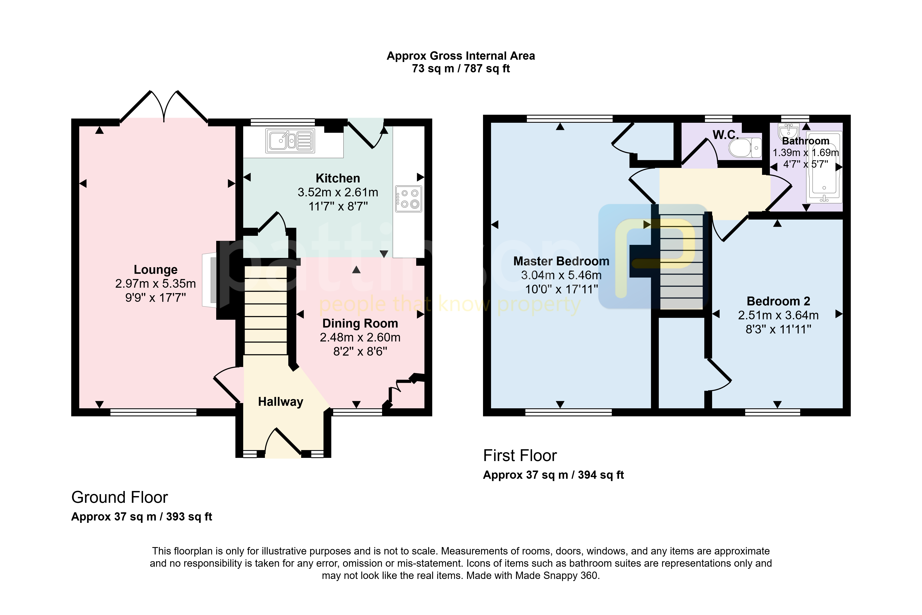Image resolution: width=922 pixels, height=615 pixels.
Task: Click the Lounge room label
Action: pos(156,270)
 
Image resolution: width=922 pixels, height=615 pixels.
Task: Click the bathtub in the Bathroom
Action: pos(824,167)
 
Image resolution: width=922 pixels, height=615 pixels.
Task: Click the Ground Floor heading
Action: pos(119,497)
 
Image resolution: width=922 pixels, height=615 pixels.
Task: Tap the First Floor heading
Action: pos(520,455)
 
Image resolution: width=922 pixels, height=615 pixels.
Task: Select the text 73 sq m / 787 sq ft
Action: pos(461,69)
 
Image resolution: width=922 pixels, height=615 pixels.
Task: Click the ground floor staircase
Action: pos(266,311)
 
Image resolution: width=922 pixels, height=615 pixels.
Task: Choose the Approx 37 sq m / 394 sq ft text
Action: pos(553,475)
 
